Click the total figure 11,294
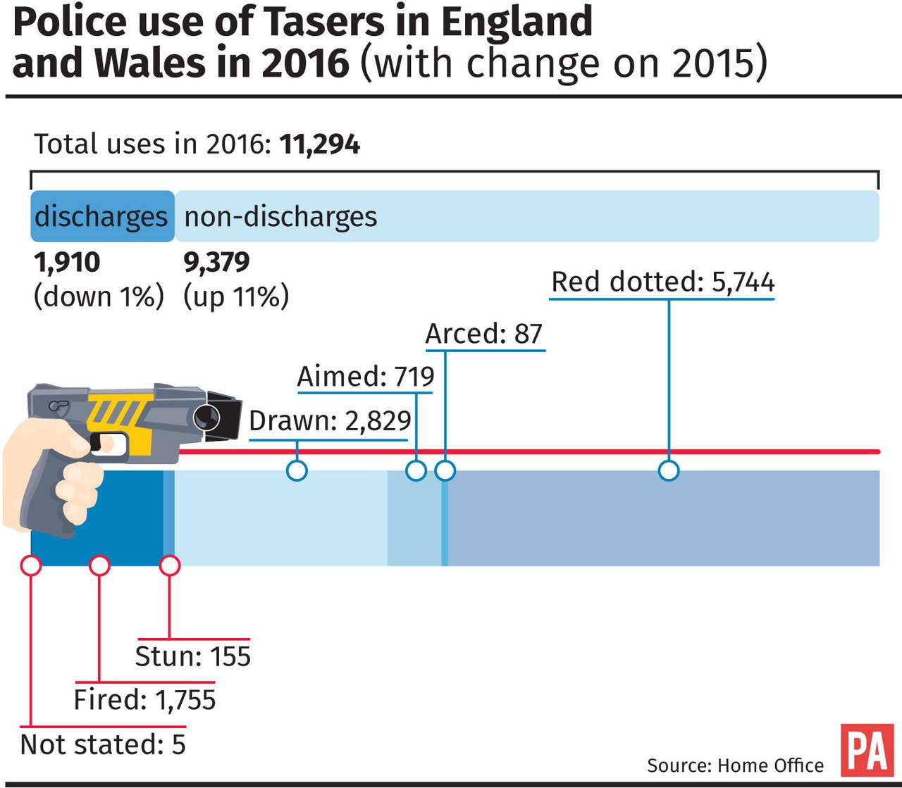click(x=319, y=144)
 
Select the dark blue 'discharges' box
click(x=102, y=216)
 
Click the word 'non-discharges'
click(x=280, y=216)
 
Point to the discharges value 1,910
click(x=67, y=262)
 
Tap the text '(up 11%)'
click(x=236, y=296)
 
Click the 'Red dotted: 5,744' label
click(x=662, y=282)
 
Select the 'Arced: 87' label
click(x=484, y=334)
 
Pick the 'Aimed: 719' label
click(x=366, y=377)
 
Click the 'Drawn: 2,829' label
click(x=330, y=421)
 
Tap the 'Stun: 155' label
click(x=192, y=656)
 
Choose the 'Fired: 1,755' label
click(x=144, y=700)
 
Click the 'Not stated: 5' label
click(x=103, y=744)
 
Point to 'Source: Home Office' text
click(x=735, y=765)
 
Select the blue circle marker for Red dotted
click(x=669, y=470)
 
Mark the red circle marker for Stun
click(x=170, y=565)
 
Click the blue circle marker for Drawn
click(x=297, y=470)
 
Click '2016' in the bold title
click(x=305, y=62)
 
